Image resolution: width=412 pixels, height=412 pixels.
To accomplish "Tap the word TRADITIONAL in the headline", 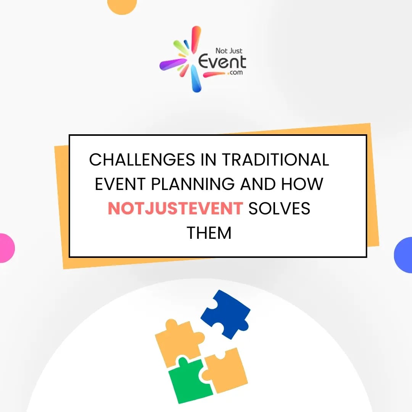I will coord(275,159).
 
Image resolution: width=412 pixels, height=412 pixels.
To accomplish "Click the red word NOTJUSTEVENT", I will coord(175,208).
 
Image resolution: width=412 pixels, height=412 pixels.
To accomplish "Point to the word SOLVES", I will coord(280,208).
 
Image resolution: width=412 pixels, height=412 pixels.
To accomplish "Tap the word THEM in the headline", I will coord(209,233).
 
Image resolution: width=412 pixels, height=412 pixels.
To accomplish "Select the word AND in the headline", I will coord(258,184).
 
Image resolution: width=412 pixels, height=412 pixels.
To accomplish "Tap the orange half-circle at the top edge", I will coord(122,5).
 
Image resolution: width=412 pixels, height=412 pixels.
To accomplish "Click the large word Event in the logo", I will coord(222,61).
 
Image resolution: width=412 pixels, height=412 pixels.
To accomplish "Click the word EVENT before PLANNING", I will coord(120,184).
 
